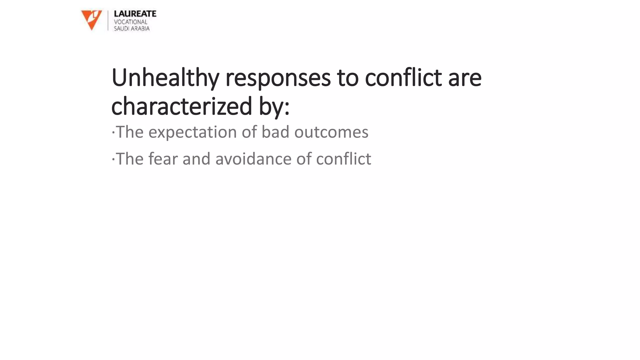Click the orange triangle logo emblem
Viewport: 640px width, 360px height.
[x=91, y=19]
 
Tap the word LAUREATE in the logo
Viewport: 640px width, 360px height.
[x=135, y=14]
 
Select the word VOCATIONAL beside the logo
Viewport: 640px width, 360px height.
[x=130, y=22]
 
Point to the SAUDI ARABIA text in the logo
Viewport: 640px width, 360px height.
[x=132, y=28]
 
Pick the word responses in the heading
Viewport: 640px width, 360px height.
[x=278, y=77]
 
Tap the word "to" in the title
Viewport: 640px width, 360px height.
[x=347, y=77]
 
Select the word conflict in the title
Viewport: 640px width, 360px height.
[x=403, y=77]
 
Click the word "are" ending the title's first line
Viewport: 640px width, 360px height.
[x=465, y=77]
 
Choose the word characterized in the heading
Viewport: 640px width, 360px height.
[x=182, y=106]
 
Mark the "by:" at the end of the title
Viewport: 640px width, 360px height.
[x=274, y=106]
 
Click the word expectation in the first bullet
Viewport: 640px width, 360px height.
[x=192, y=132]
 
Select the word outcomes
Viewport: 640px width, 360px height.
[x=331, y=132]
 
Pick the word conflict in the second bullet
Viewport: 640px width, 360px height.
[x=343, y=159]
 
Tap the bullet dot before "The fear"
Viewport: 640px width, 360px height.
[x=113, y=160]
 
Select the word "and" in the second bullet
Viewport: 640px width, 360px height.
[x=196, y=159]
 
